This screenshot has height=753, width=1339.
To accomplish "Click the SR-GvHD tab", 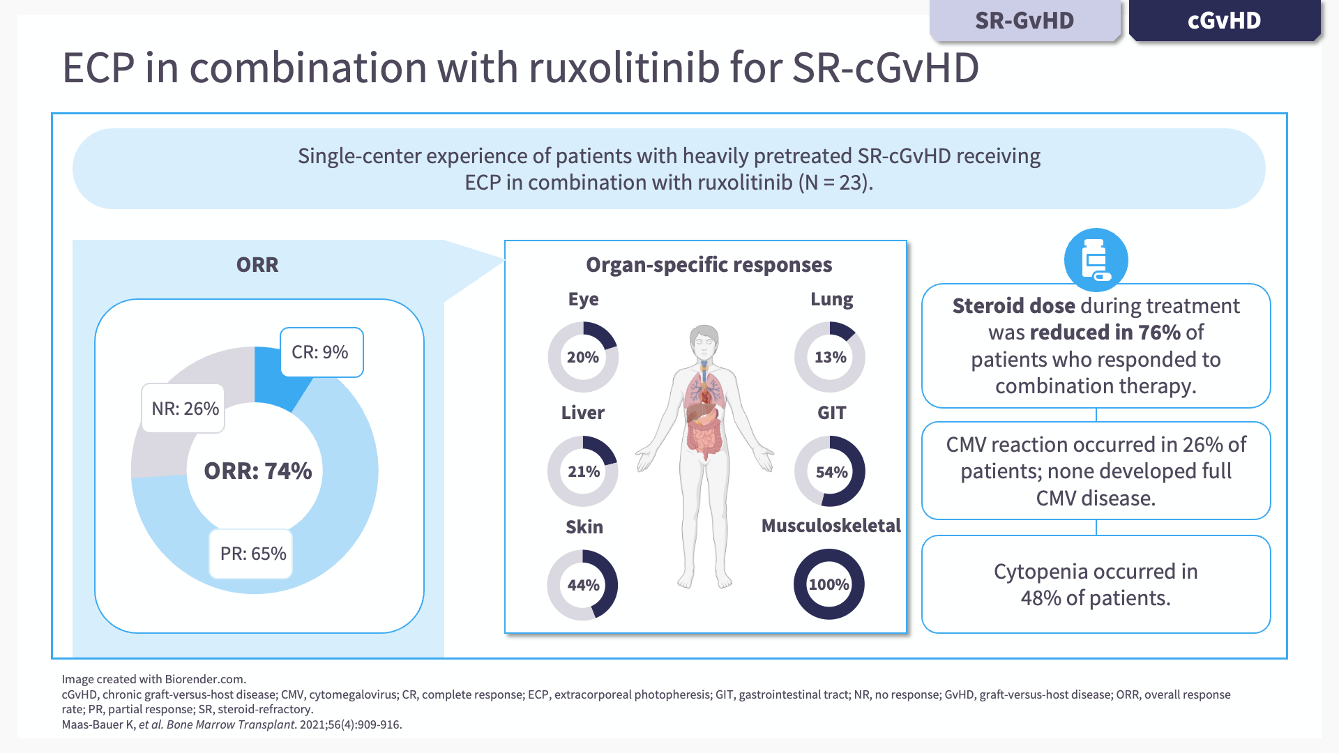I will [x=1024, y=21].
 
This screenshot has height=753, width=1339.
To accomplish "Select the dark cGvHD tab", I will [x=1224, y=21].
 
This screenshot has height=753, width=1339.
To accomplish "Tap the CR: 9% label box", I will [x=321, y=352].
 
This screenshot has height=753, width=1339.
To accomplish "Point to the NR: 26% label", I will [x=185, y=409].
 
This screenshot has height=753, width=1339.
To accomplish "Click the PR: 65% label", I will [x=252, y=554].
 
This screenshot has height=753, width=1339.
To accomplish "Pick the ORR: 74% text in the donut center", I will [x=257, y=471].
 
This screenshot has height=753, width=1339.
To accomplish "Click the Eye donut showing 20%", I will [x=583, y=357].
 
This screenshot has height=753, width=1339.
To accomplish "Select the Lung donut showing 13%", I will [x=830, y=357].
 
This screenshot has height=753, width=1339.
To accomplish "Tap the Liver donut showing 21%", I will [x=583, y=471].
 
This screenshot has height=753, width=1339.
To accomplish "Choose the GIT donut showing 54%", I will [x=830, y=472].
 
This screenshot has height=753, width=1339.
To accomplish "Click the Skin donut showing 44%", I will [x=583, y=585].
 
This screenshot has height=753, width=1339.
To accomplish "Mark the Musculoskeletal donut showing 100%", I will [x=829, y=584].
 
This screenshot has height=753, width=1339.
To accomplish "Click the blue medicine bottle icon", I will [x=1096, y=260].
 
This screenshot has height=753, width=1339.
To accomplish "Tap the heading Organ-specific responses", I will [x=709, y=265].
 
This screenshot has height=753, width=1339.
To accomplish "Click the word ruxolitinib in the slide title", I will [x=623, y=68].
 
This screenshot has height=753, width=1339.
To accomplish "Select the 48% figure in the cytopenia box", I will [x=1041, y=598].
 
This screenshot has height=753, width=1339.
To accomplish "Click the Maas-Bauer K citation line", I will [x=232, y=724].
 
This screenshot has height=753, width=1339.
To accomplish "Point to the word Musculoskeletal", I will [x=831, y=526].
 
